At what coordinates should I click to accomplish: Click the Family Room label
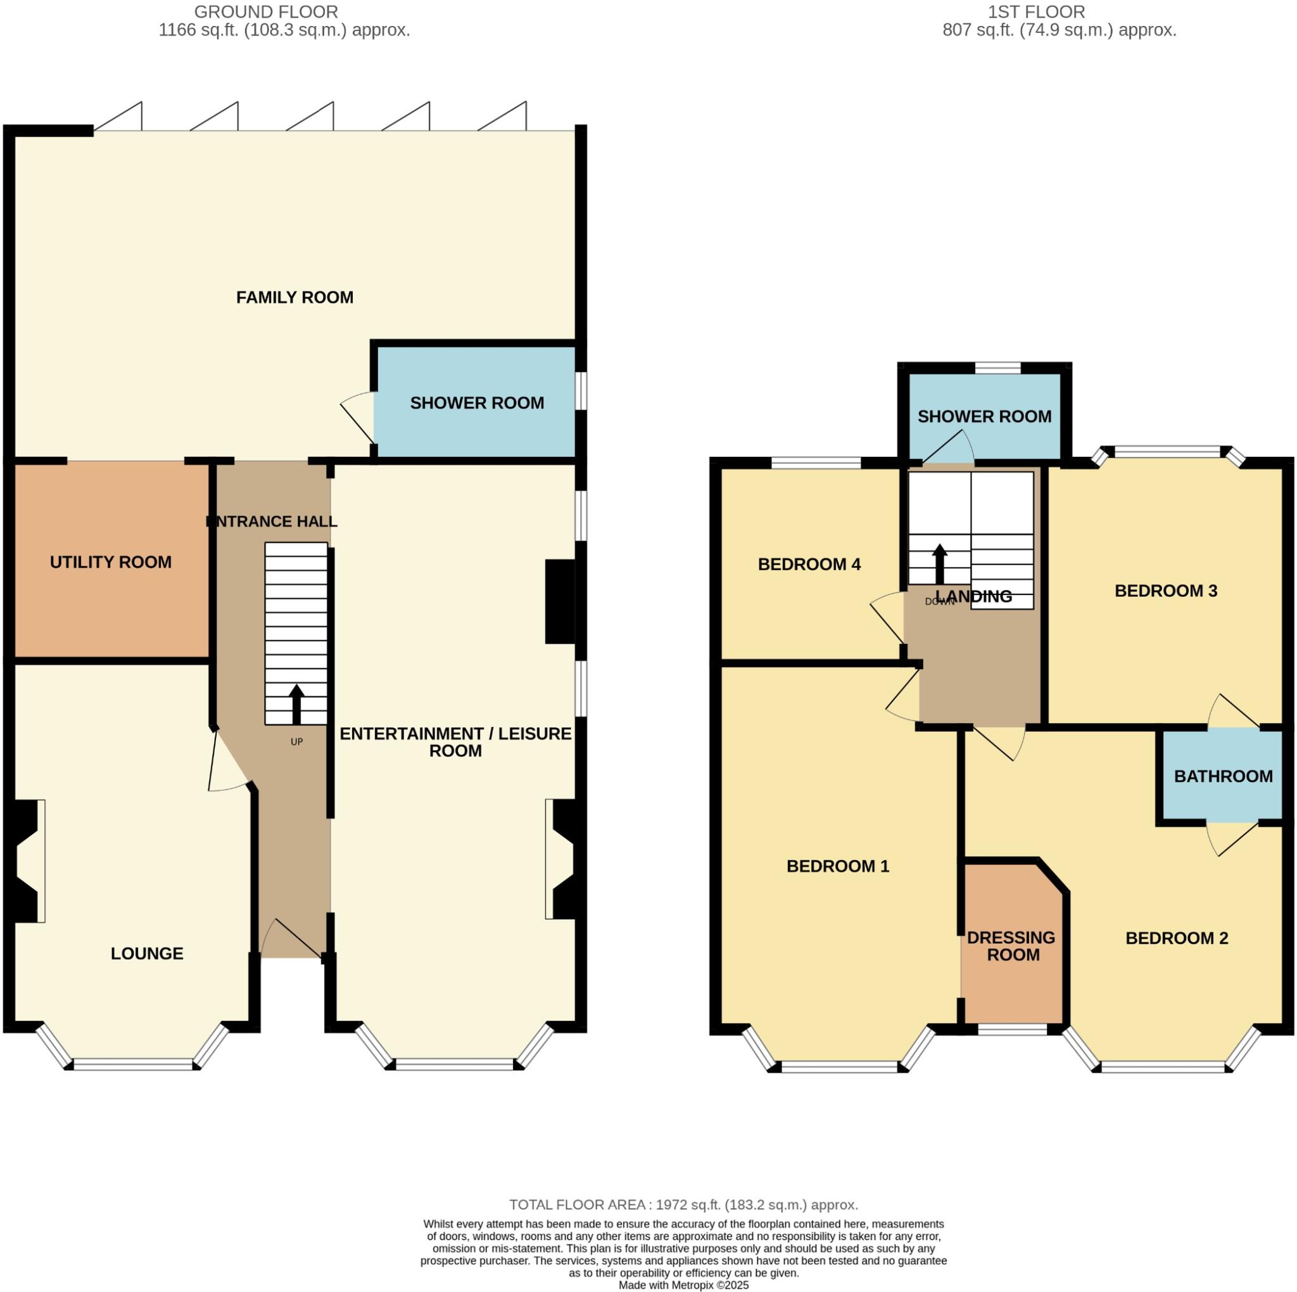[294, 297]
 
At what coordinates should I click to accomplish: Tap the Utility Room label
[111, 561]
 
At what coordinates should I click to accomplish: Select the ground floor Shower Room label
[477, 402]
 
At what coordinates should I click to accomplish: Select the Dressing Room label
[1011, 945]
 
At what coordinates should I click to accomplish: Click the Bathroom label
[1222, 776]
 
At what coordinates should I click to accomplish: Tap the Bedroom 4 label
[809, 563]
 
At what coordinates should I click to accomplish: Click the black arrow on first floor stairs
[939, 563]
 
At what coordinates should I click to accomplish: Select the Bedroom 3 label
[1165, 591]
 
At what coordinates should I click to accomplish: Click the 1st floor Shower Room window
[997, 368]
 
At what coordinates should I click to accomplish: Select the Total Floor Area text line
[683, 1204]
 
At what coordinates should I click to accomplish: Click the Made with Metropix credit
[683, 1284]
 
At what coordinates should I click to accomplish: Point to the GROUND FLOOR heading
[266, 11]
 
